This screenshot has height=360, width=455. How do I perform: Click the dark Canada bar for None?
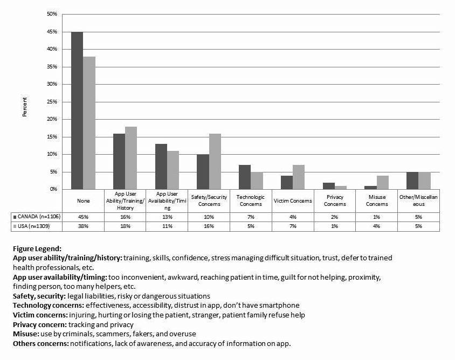click(77, 110)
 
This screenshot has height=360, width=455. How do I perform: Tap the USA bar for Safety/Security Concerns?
click(215, 161)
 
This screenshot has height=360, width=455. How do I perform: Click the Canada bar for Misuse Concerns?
click(370, 188)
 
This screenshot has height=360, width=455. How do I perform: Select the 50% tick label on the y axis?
click(52, 14)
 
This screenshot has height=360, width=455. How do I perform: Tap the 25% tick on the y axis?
click(52, 102)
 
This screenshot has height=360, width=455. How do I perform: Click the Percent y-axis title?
click(24, 107)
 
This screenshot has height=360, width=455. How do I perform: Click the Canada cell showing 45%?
click(83, 216)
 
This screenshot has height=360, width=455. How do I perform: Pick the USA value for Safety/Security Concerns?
click(209, 226)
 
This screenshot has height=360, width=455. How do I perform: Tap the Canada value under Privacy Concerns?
click(334, 216)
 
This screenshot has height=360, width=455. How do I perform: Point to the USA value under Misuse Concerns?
click(376, 226)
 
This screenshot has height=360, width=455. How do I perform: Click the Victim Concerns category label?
click(293, 201)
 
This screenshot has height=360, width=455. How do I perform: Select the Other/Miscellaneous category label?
click(418, 201)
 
